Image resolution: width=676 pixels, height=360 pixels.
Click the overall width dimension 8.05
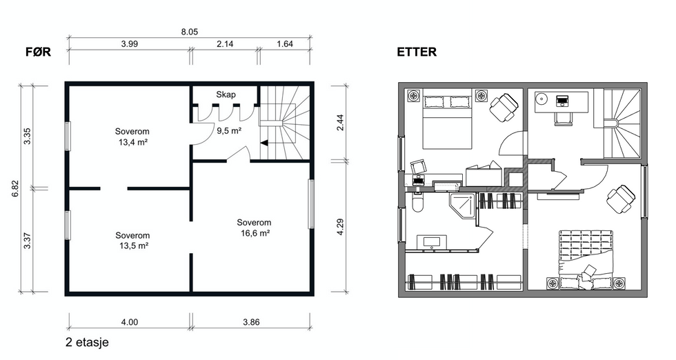click(189, 32)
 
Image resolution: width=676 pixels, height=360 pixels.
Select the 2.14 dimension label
click(225, 44)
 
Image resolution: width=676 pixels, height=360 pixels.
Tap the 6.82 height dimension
click(15, 188)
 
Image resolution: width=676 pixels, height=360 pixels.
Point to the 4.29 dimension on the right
click(340, 227)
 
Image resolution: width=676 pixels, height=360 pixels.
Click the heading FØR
click(39, 52)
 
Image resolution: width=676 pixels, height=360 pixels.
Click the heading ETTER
click(417, 52)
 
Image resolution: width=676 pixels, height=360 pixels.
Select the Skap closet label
click(226, 94)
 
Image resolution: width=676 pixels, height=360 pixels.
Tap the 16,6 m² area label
click(255, 233)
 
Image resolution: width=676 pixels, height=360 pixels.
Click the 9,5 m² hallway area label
click(229, 130)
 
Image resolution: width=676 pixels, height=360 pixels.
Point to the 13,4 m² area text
click(133, 142)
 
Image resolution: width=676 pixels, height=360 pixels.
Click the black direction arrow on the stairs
click(264, 143)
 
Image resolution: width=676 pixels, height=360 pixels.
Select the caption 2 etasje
click(87, 342)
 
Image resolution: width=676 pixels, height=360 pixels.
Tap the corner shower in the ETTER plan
click(463, 206)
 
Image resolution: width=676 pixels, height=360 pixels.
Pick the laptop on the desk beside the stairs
click(562, 101)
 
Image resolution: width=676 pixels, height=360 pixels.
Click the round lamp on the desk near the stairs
click(541, 99)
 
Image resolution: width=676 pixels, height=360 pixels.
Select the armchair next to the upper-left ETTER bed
click(504, 108)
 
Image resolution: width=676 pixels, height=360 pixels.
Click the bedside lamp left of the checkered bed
click(553, 283)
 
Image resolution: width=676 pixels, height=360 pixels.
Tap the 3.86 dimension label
click(251, 322)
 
